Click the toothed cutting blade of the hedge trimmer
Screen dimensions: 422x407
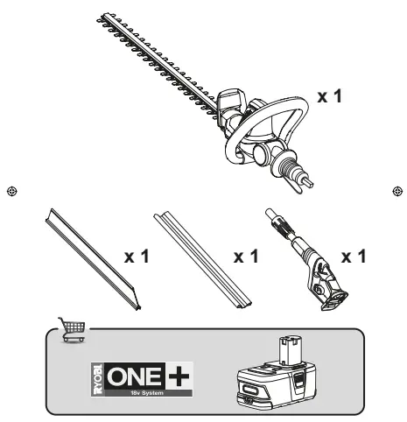tap(158, 62)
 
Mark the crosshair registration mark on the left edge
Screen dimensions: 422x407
tap(10, 190)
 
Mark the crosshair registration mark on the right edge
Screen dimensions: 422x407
tap(397, 190)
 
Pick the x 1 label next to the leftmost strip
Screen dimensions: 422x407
tap(137, 258)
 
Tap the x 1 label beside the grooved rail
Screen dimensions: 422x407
tap(246, 258)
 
